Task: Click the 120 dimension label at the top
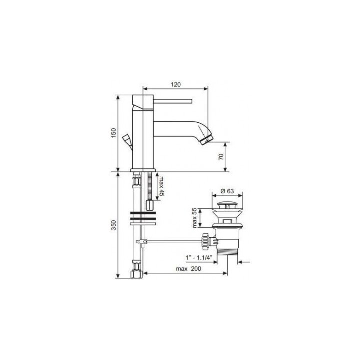(176, 84)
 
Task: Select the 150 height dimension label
(114, 133)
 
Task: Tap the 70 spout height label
(221, 157)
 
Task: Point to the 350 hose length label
(114, 225)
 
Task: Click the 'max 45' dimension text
(162, 186)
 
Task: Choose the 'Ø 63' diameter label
(227, 191)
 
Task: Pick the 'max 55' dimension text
(194, 218)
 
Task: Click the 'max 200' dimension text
(188, 269)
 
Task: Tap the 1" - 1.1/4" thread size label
(201, 258)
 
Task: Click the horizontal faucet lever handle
(173, 101)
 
